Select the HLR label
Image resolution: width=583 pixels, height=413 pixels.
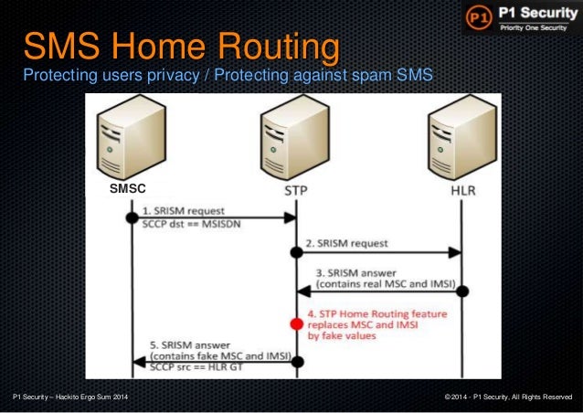[x=463, y=190]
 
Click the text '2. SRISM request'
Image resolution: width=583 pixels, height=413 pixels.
[x=346, y=244]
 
